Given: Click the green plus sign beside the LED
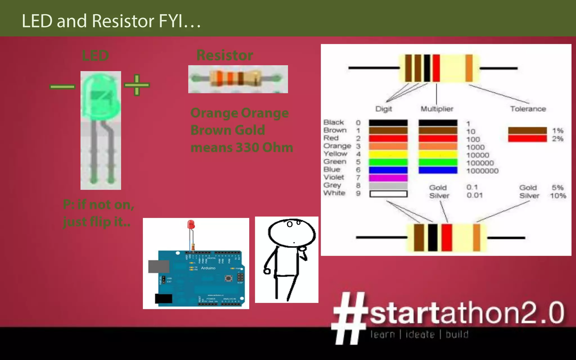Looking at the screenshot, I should pos(137,85).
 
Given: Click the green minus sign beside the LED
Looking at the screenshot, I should pos(62,87).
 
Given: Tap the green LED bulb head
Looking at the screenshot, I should pos(100,96).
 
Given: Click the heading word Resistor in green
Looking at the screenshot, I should pos(224,55).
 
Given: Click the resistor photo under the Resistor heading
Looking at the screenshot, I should pos(238,79).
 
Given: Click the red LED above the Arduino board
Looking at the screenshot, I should pos(191,225).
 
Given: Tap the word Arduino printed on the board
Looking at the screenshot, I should pos(208,268).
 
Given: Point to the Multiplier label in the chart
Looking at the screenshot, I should pos(437,109).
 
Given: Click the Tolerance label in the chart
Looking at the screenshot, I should pos(528,109).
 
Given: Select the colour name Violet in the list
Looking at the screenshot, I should pos(334,177).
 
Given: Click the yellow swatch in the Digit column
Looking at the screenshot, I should pos(388,154).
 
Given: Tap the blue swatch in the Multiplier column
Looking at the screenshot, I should pos(438,170).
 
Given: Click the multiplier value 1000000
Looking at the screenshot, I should pos(482,171).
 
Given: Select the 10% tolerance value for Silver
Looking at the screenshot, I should pos(558,196).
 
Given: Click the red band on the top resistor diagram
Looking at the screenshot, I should pos(436,68).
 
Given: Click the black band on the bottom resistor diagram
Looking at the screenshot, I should pos(433,237).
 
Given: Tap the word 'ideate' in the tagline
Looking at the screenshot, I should pos(420,334).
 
